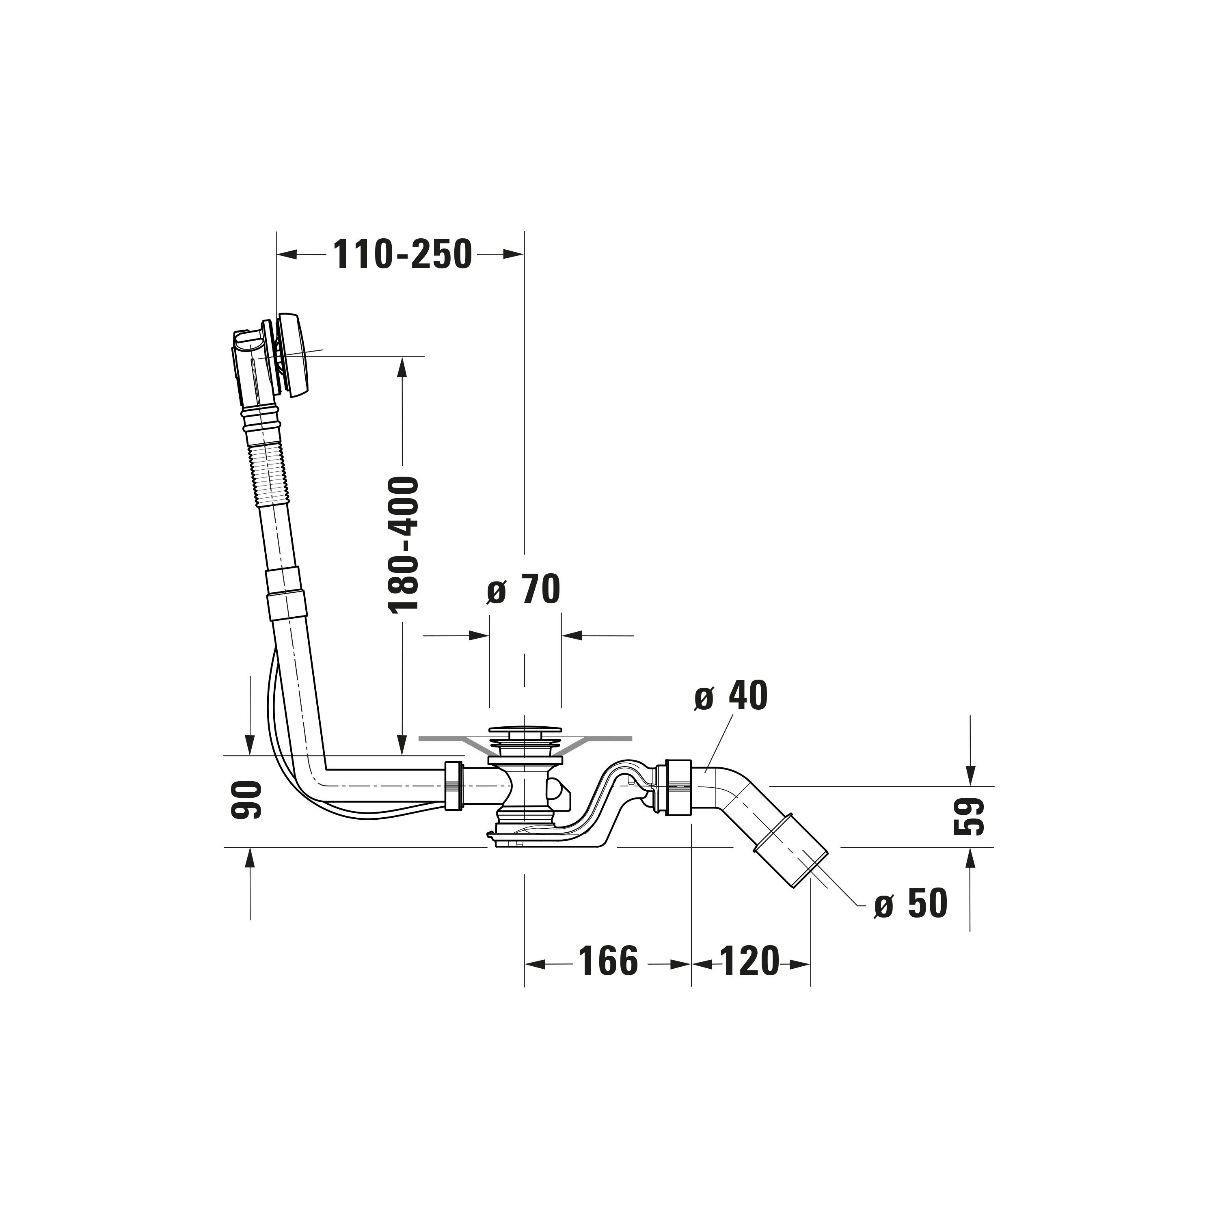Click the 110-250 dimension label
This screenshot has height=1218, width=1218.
coord(403,254)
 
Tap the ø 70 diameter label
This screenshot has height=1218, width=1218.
coord(524,590)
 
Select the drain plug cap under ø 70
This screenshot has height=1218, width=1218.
coord(524,732)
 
